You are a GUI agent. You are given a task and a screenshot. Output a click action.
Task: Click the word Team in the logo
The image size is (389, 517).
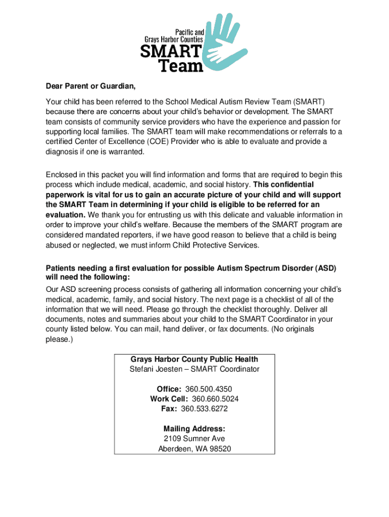coord(181,65)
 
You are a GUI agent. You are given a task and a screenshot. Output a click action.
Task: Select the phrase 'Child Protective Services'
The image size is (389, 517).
coord(215,245)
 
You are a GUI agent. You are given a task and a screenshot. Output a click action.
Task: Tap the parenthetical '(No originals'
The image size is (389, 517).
coord(293,329)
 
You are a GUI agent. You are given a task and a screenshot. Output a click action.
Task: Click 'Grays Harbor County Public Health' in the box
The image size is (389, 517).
coord(194,359)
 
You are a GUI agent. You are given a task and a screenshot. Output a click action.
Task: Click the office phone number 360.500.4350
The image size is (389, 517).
coord(209,389)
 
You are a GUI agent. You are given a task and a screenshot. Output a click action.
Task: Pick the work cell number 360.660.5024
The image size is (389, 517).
coord(215,399)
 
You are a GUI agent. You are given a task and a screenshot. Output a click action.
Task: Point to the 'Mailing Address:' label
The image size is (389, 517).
coord(194,429)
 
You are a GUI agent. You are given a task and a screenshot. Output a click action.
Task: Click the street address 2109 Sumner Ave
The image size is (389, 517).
coord(194,438)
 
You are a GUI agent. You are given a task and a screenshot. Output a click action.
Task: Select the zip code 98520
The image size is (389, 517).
coord(220,448)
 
